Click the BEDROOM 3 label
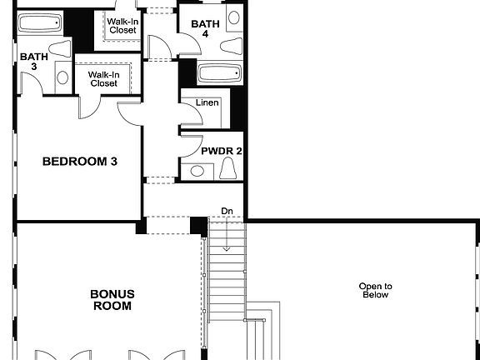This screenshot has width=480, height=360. (79, 162)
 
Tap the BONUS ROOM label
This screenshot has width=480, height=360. (111, 300)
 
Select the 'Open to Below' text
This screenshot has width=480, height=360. (375, 290)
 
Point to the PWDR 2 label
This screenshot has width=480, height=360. (221, 152)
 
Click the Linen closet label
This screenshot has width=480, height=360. (207, 103)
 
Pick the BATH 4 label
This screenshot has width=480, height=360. (205, 29)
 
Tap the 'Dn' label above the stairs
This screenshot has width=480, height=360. (227, 212)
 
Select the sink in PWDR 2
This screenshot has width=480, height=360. (197, 171)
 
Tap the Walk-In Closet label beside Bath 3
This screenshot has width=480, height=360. (103, 78)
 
